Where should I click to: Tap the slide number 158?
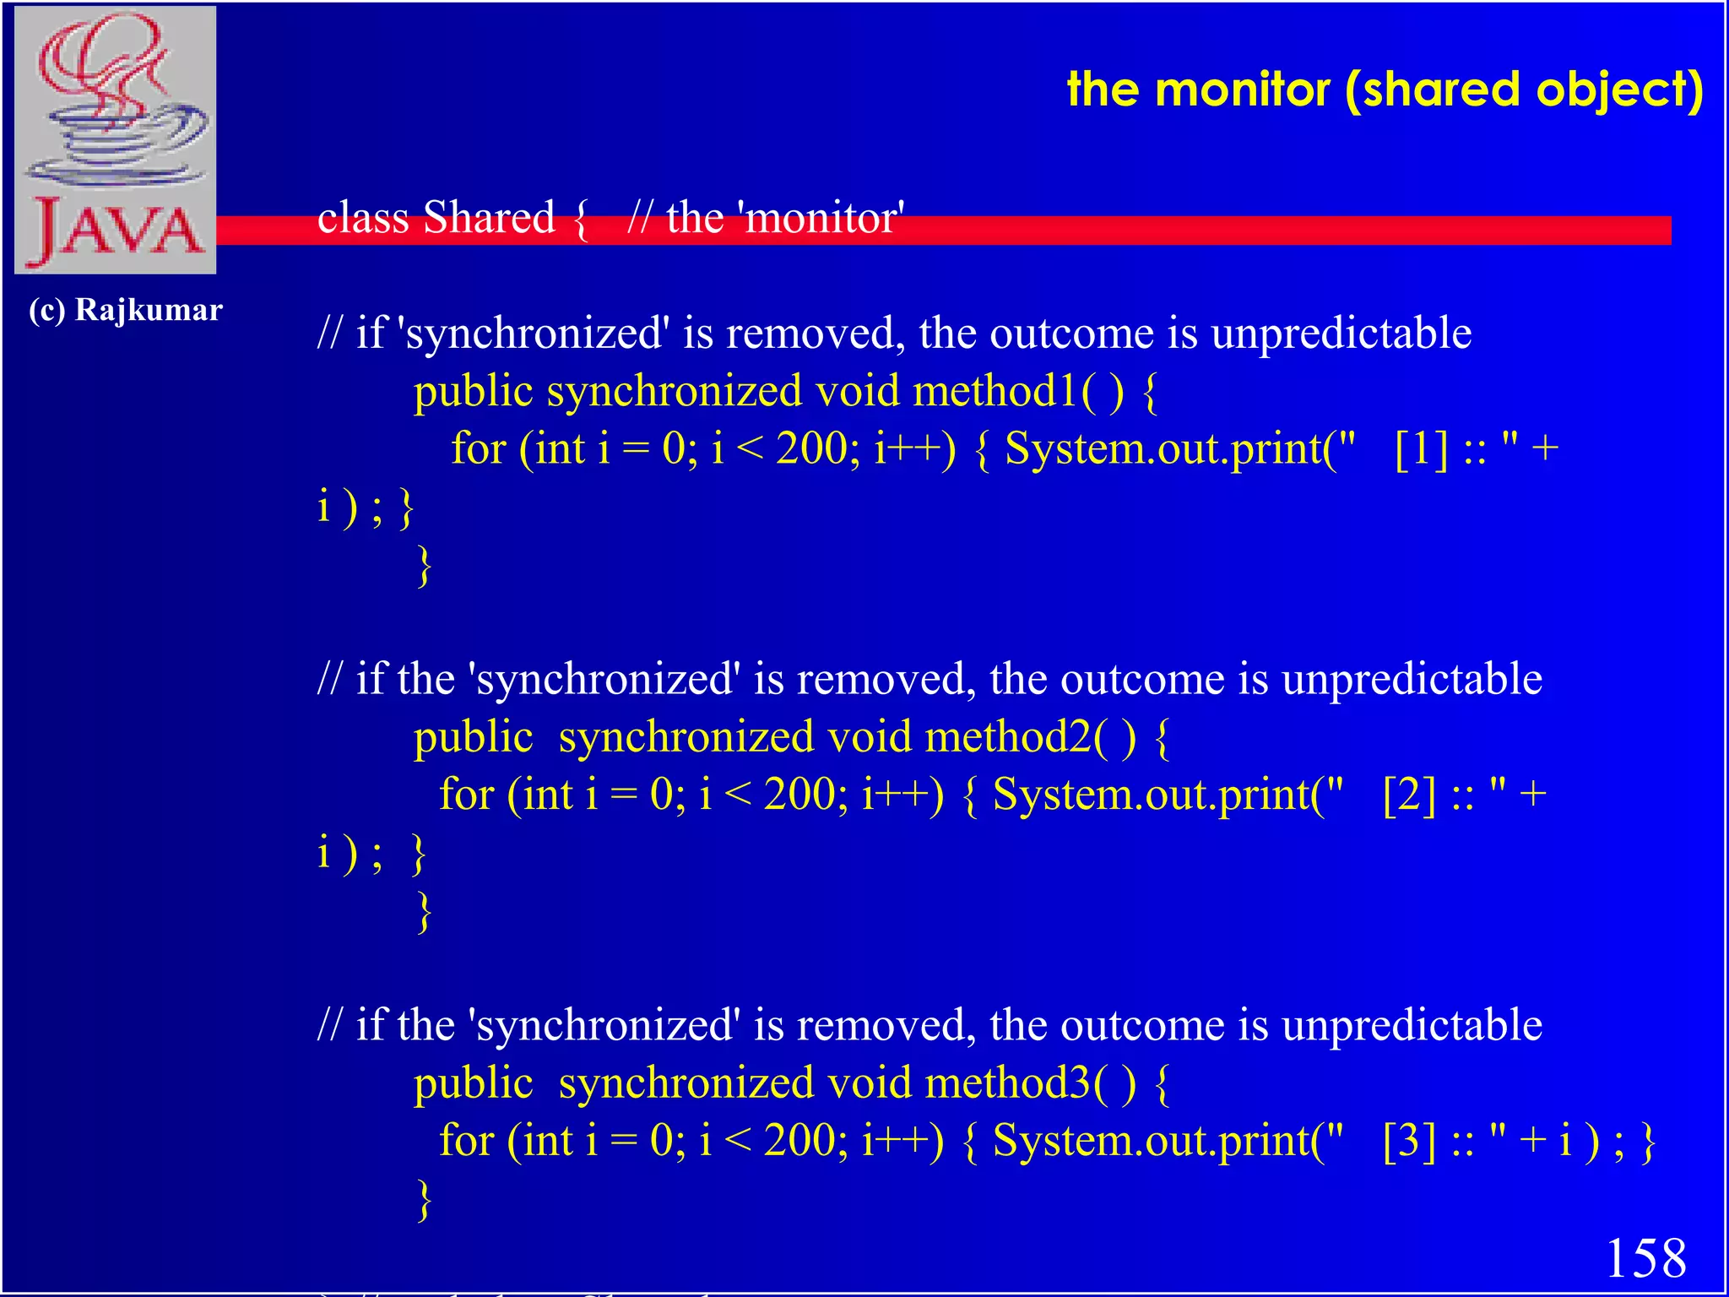pyautogui.click(x=1645, y=1258)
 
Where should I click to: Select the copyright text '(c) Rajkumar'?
pyautogui.click(x=126, y=310)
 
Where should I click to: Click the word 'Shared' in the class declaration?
pyautogui.click(x=489, y=218)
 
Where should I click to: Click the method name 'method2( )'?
pyautogui.click(x=1031, y=737)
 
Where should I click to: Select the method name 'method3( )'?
pyautogui.click(x=1031, y=1083)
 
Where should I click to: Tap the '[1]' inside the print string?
pyautogui.click(x=1421, y=448)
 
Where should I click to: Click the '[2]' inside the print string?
pyautogui.click(x=1409, y=795)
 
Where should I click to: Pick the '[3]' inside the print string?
pyautogui.click(x=1409, y=1141)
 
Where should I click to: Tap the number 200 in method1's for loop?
pyautogui.click(x=812, y=448)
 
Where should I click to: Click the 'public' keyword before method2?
pyautogui.click(x=473, y=737)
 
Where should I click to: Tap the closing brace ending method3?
pyautogui.click(x=424, y=1199)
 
